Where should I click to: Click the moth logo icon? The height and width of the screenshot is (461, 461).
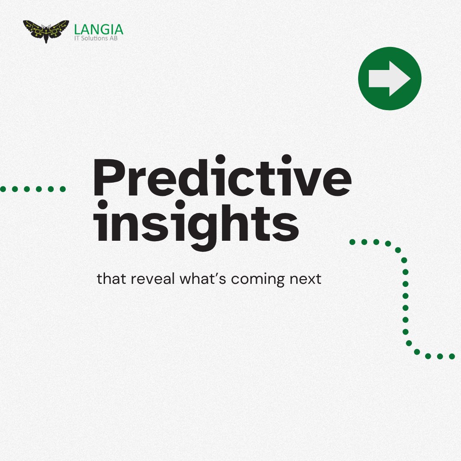[46, 31]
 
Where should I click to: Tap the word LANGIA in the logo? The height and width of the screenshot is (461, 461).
[99, 29]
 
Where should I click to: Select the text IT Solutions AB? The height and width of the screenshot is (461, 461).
[97, 38]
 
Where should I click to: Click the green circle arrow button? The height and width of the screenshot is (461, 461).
[389, 79]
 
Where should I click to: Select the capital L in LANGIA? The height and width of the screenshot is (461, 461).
[77, 29]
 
